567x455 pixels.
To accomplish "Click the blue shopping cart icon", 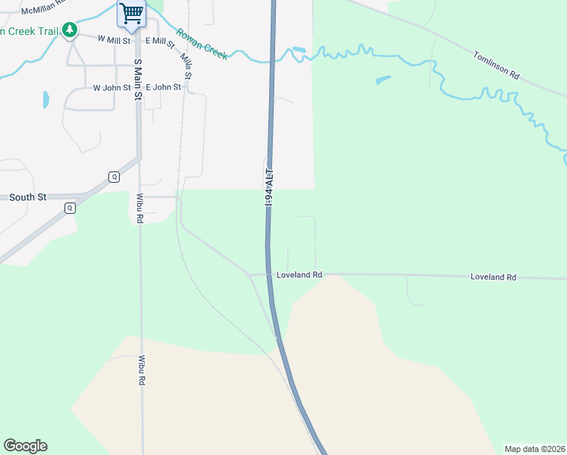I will [132, 14].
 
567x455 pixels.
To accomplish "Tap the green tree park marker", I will [70, 30].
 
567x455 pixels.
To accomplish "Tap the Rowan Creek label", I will [202, 43].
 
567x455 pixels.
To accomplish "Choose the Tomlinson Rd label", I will [497, 65].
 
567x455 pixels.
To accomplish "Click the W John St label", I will [112, 88].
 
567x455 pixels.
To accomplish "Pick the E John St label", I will [163, 87].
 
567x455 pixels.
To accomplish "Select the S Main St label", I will [138, 80].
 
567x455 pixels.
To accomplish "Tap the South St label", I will [28, 197].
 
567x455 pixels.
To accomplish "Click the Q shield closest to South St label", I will [70, 208].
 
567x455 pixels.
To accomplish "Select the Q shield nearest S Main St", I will [114, 177].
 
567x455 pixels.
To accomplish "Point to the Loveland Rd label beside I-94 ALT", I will [299, 275].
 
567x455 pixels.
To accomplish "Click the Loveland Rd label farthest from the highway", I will [493, 278].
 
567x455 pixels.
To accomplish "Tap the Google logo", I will [25, 446].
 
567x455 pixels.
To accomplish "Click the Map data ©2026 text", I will [535, 449].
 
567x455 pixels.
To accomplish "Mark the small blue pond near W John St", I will [46, 99].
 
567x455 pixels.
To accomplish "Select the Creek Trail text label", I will [29, 31].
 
